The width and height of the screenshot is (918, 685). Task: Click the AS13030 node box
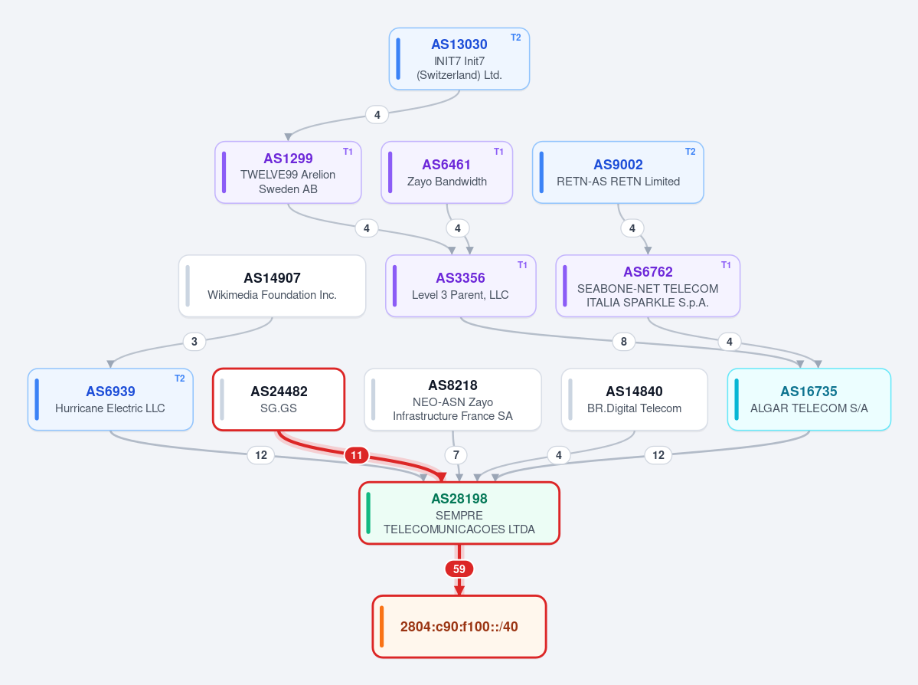click(x=459, y=58)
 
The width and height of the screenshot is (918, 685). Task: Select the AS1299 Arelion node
click(x=288, y=172)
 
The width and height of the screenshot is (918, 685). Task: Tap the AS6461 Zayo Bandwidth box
click(x=446, y=172)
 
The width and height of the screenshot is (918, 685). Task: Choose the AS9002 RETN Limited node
click(x=618, y=172)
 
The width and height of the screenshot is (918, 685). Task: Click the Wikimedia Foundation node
click(x=273, y=286)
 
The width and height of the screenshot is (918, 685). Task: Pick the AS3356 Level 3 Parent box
click(x=461, y=286)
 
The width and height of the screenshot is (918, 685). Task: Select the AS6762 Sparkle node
click(x=648, y=286)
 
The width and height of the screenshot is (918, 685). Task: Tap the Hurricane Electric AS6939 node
click(x=110, y=400)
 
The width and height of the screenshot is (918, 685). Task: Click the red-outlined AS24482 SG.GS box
click(x=279, y=400)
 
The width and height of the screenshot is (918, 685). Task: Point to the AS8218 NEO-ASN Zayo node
click(x=452, y=400)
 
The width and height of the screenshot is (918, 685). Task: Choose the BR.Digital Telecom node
click(x=634, y=400)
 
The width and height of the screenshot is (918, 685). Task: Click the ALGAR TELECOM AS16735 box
click(x=809, y=400)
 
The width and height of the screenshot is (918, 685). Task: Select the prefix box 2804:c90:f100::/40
click(x=459, y=627)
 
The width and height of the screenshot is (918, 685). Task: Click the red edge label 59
click(x=459, y=569)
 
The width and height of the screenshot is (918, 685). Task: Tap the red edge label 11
click(x=357, y=455)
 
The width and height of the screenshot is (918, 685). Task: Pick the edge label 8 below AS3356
click(x=623, y=342)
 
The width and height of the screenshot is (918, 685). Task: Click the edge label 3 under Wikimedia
click(x=194, y=342)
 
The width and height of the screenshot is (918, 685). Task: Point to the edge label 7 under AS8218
click(x=456, y=455)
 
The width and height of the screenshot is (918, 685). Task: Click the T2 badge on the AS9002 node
click(x=691, y=152)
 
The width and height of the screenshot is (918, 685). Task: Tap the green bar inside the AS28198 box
click(x=368, y=513)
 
